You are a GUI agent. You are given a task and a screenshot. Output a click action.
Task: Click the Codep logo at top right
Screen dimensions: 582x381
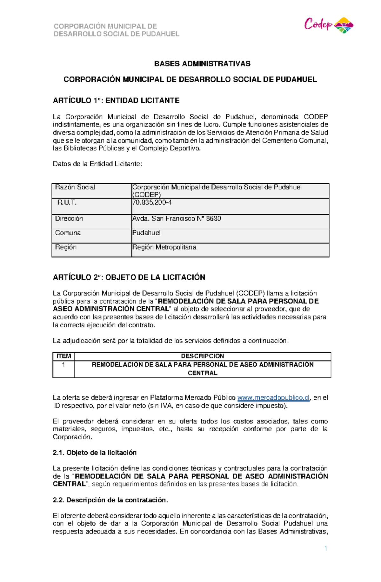point(329,25)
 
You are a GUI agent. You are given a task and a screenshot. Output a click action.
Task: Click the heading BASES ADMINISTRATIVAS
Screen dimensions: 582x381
point(202,64)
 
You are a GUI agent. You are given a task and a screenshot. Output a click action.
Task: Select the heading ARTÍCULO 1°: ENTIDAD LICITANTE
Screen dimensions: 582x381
point(116,101)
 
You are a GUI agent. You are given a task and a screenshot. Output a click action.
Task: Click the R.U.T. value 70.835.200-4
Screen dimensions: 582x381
point(152,202)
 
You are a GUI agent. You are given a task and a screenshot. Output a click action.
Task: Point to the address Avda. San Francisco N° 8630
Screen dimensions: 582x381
point(177,219)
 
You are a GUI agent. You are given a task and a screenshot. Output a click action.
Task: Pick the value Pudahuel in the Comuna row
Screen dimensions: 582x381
point(146,233)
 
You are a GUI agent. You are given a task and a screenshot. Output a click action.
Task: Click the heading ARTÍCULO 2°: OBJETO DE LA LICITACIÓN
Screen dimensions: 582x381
point(129,277)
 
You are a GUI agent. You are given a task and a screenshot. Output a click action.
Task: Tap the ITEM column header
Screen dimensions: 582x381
point(63,356)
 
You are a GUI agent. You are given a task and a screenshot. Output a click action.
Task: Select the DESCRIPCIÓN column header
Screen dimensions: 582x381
point(202,356)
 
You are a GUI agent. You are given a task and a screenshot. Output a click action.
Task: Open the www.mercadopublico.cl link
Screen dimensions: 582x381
point(273,398)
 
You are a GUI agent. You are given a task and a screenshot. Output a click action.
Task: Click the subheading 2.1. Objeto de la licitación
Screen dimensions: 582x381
point(95,453)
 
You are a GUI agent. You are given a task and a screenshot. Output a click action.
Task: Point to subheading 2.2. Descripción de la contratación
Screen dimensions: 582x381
point(110,500)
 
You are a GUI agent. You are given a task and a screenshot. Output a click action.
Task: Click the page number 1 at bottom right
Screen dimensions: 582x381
point(325,548)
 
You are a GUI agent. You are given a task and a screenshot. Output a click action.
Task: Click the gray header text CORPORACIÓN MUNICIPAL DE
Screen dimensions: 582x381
point(105,26)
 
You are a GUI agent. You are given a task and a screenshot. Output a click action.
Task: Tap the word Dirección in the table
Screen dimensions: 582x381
point(69,219)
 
